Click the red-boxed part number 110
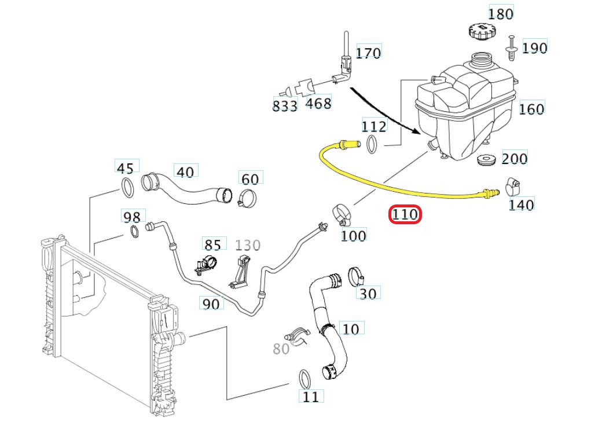(405, 215)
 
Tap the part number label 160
(531, 108)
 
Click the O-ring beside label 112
(373, 144)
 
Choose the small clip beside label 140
(512, 185)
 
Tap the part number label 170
(368, 53)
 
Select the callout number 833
(285, 106)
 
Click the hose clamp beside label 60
(248, 198)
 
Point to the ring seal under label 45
(126, 188)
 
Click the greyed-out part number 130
(248, 245)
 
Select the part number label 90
(211, 303)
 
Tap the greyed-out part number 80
(281, 349)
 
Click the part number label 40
(185, 172)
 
